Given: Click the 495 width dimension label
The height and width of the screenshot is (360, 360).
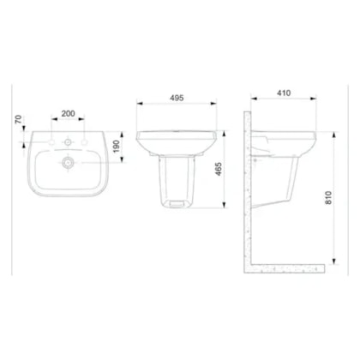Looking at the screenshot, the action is (177, 98).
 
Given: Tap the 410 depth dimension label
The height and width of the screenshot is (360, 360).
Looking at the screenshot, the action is (284, 93).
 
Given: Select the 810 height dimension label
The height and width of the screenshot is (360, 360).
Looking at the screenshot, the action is (328, 198).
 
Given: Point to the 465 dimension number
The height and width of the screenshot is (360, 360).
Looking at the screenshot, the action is (218, 169).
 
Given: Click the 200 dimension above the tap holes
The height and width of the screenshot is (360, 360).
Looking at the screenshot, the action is (69, 113).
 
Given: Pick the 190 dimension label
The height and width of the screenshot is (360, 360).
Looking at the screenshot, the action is (117, 147).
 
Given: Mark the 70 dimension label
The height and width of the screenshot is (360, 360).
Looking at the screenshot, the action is (18, 119).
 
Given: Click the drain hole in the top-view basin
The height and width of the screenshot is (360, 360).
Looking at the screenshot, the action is (68, 163).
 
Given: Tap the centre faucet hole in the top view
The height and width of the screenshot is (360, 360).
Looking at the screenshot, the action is (68, 141).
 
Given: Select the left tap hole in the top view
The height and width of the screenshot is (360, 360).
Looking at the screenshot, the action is (51, 142).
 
